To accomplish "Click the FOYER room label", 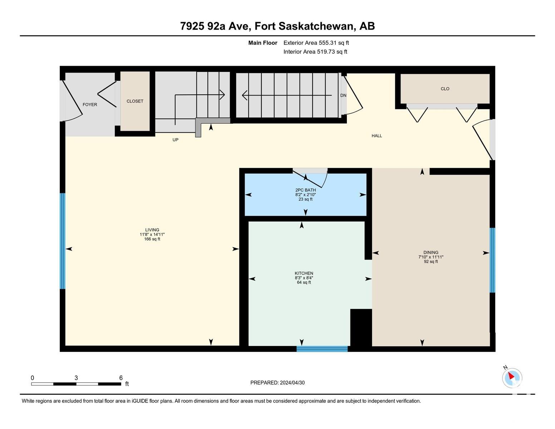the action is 90,104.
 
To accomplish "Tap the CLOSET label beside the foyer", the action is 135,101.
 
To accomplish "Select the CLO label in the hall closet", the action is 445,89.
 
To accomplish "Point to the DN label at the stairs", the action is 343,95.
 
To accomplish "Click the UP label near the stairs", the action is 175,139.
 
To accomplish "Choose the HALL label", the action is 377,135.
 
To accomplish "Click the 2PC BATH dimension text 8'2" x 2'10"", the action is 305,194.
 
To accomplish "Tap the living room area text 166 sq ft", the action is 152,239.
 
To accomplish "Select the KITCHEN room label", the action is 304,273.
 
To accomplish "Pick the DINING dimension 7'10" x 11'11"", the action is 431,257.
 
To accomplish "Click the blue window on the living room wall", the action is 63,241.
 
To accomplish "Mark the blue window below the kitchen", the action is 322,349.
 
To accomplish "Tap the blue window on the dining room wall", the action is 492,260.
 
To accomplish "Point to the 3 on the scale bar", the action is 76,378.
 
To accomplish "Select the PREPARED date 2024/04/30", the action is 292,383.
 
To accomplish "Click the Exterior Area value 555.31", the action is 328,43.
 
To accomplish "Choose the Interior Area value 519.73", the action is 326,51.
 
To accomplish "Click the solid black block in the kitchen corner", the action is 361,328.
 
